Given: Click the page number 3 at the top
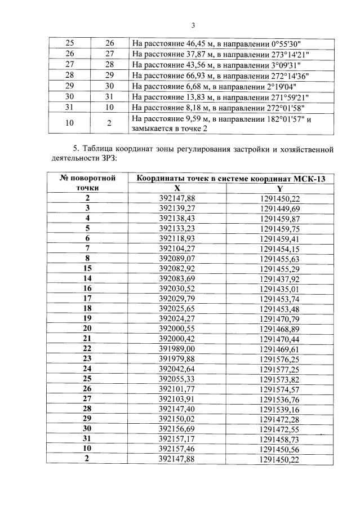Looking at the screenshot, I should click(x=193, y=25).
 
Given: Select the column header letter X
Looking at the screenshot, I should click(x=177, y=188).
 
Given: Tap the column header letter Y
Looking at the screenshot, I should click(x=280, y=188).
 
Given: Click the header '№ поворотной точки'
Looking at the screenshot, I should click(x=88, y=183).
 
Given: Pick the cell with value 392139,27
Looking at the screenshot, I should click(x=177, y=208).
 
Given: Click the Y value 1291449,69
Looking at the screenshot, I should click(x=280, y=208).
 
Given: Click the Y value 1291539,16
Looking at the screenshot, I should click(x=280, y=409).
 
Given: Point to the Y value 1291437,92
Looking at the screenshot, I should click(x=280, y=278).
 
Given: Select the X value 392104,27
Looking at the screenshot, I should click(x=177, y=248).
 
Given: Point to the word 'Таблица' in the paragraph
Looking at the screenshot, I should click(x=97, y=149).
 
